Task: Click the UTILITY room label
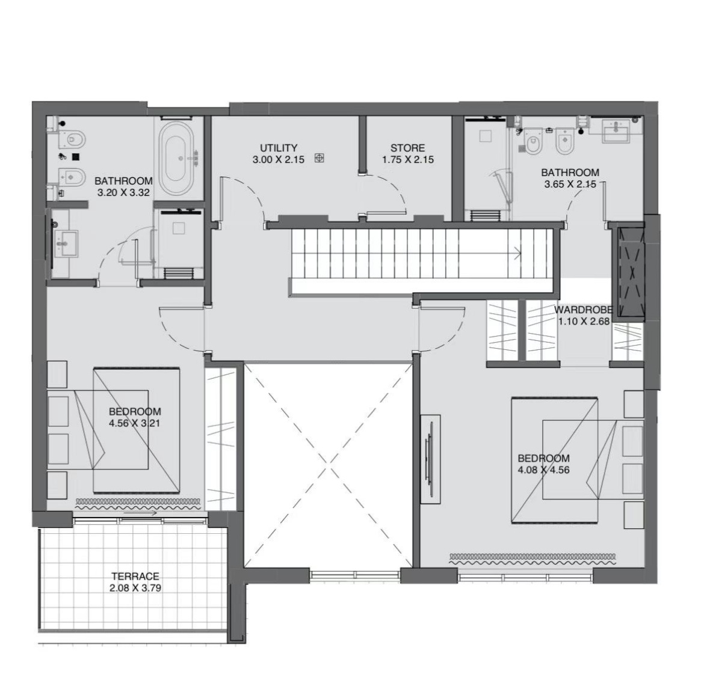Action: [x=279, y=148]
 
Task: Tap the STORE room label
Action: [x=407, y=148]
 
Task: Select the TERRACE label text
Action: [x=135, y=577]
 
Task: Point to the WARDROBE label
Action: [x=583, y=310]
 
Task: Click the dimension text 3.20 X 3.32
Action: [x=123, y=192]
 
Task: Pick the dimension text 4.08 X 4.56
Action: [x=543, y=470]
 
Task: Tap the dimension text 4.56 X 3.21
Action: [x=135, y=423]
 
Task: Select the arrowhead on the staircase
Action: [x=517, y=254]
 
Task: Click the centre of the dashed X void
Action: [x=328, y=465]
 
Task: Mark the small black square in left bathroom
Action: [x=76, y=157]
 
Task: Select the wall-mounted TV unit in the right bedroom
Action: [x=430, y=459]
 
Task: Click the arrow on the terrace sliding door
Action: [x=140, y=513]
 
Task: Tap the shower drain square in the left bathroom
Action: [x=179, y=228]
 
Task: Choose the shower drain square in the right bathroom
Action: [x=486, y=136]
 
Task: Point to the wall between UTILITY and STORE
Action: [x=363, y=144]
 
